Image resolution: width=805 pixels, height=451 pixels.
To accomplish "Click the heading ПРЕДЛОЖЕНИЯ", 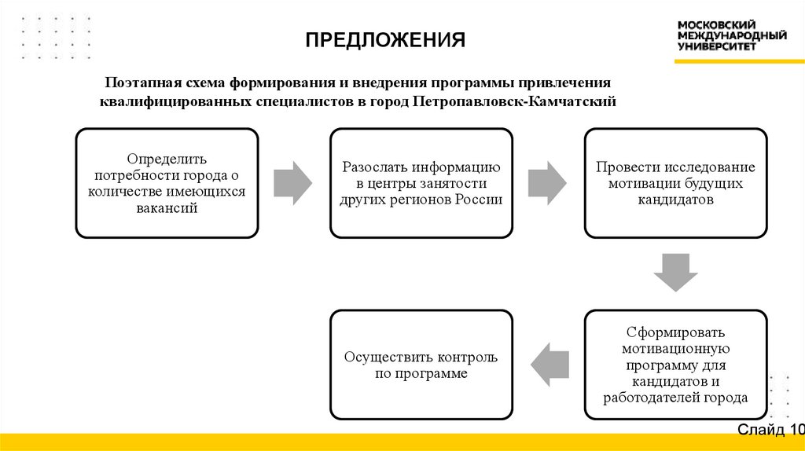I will [x=386, y=39].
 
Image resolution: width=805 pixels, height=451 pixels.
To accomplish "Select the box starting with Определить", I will [x=167, y=182].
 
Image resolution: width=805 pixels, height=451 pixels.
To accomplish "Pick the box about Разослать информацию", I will [x=421, y=182].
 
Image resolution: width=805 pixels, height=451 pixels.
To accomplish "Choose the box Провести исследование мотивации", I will [x=675, y=182].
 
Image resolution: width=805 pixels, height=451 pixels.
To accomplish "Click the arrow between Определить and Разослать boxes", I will [x=293, y=183].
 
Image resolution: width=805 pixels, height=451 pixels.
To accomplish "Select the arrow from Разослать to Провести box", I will [x=547, y=183].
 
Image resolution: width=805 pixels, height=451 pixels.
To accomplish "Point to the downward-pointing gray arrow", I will [x=675, y=273].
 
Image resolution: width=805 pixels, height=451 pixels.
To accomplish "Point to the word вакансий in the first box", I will [x=166, y=209].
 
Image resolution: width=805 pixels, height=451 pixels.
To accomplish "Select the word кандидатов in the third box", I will [x=675, y=200].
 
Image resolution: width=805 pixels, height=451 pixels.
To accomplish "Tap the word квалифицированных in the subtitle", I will [x=174, y=101].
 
